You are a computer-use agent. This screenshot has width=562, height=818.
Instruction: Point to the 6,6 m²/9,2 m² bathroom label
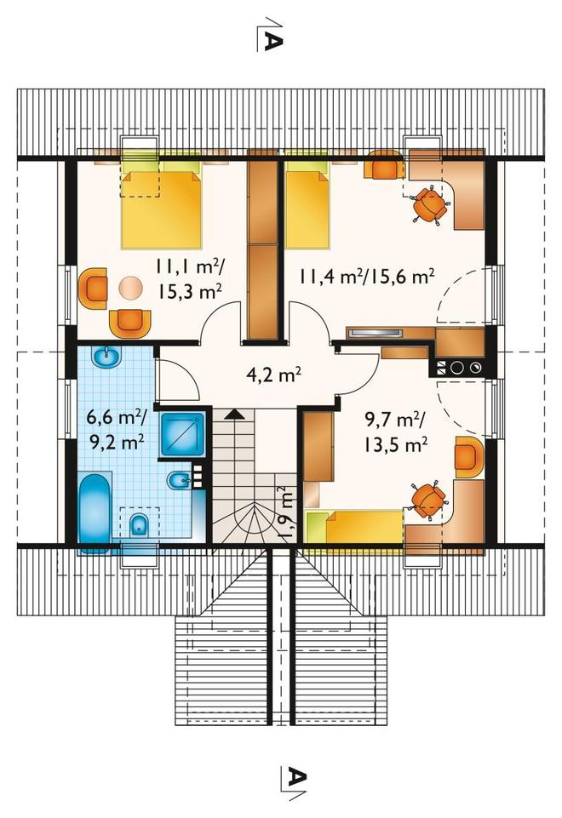pos(117,429)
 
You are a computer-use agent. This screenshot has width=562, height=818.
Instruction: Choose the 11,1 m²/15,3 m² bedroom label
pos(189,279)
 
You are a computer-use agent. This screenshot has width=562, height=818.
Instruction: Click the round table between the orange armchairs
pos(130,288)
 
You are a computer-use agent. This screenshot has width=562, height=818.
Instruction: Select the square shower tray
pos(182,435)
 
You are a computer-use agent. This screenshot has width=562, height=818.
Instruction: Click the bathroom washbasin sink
pos(107,358)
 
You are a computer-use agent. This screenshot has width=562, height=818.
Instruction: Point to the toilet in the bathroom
pos(139,523)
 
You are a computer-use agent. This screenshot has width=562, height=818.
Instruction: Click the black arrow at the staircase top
pos(235,415)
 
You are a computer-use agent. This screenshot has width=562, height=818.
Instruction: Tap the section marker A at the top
pos(272,35)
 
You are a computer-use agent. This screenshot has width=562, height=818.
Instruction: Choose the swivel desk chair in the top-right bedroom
pos(430,205)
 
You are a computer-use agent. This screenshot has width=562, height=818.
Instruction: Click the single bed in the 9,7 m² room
pos(355,528)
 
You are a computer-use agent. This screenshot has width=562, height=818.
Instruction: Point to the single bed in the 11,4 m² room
pos(307,204)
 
